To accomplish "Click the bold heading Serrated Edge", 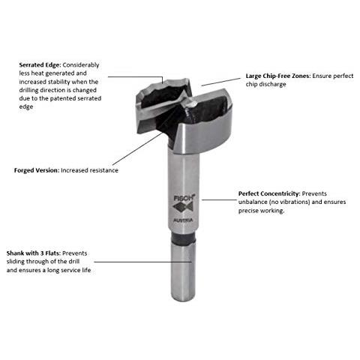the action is pos(40,65).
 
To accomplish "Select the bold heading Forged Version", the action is pos(37,170).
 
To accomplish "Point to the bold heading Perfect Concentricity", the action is pos(269,193).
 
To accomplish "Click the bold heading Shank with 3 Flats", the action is pos(34,253).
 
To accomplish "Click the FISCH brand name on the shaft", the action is pos(184,198).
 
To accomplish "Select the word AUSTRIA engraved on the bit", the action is pos(183,220).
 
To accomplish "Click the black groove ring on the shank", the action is pos(184,238).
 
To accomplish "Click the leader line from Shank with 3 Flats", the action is pos(143,262).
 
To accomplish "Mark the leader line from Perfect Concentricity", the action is pos(219,199).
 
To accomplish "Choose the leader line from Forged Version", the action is pos(137,149).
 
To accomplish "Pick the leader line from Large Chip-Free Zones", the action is pos(221,82).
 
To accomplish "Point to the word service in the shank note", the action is pos(70,270).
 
